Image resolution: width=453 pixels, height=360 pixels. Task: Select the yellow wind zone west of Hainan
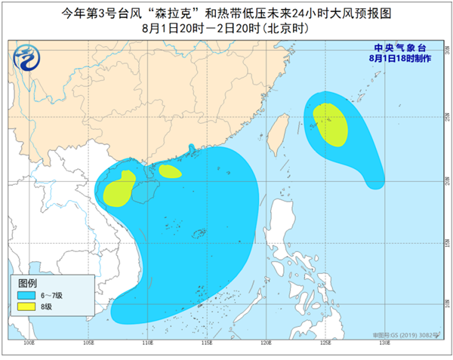click(118, 190)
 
